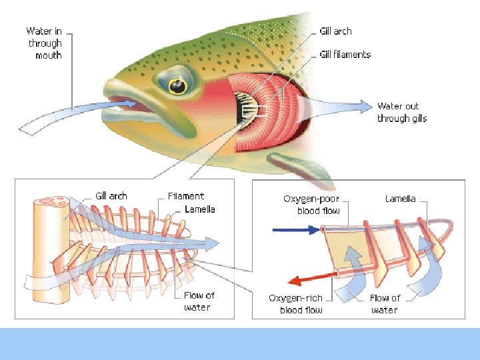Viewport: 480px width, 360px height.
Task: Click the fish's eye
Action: point(177,86)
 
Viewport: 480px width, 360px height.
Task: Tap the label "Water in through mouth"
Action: point(44,43)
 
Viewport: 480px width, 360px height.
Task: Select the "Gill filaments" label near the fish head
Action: point(345,55)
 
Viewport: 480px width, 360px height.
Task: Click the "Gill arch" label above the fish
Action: point(335,31)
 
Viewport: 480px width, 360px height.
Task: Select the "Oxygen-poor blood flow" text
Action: point(311,205)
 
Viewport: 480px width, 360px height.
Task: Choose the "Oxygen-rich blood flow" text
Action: point(296,304)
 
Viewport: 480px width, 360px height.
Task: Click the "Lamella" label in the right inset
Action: point(400,199)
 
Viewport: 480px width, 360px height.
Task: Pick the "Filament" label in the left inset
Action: point(186,197)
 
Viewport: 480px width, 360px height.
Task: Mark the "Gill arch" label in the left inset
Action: point(111,196)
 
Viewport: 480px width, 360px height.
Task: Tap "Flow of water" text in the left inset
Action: point(199,301)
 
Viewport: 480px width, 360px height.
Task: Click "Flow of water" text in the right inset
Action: point(385,304)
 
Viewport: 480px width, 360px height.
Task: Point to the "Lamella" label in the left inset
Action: point(199,209)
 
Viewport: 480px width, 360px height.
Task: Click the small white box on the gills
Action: point(257,111)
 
